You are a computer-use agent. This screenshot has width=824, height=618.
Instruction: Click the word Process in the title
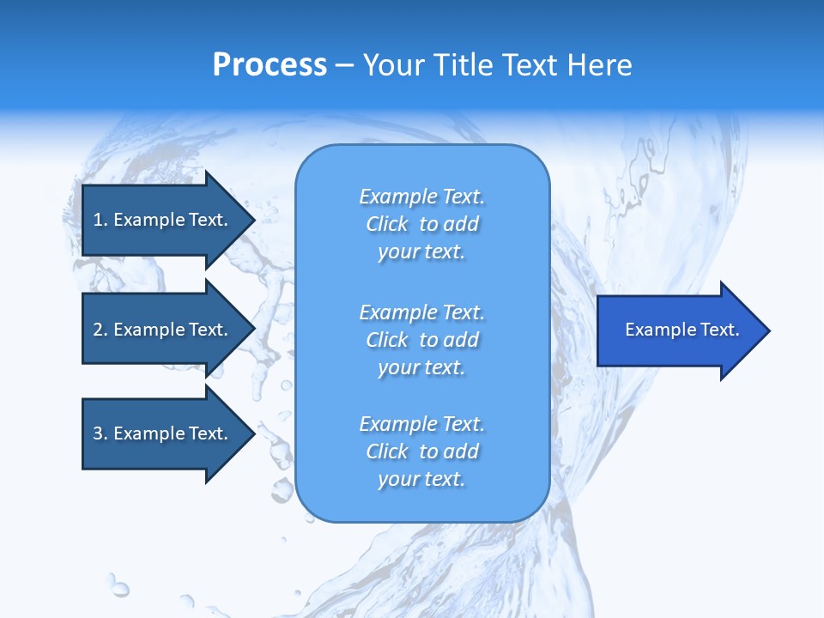click(270, 65)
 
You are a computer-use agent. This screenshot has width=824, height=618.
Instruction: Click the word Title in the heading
click(464, 65)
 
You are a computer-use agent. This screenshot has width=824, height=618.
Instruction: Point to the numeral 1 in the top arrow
click(98, 220)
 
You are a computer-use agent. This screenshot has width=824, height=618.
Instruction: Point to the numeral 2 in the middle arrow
click(98, 330)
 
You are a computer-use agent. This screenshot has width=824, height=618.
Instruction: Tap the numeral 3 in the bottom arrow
click(98, 433)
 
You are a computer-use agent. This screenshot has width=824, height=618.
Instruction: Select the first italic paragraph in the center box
click(422, 224)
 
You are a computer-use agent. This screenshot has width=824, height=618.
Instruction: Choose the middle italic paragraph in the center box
click(422, 340)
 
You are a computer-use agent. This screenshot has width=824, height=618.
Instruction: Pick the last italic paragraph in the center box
click(422, 451)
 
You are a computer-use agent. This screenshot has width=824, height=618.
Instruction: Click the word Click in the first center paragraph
click(387, 224)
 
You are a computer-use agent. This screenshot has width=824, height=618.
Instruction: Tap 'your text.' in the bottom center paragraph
click(421, 479)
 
